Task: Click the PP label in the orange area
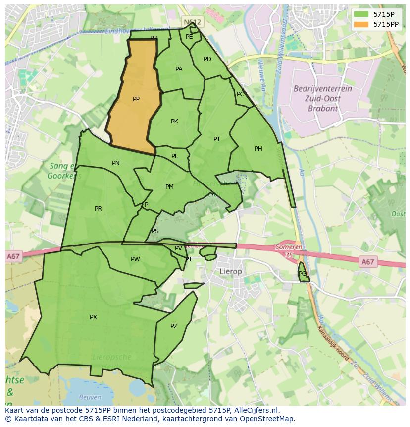tap(136, 99)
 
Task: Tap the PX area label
tap(93, 317)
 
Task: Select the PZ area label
tap(174, 326)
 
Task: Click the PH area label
tap(258, 149)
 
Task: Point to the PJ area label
tap(216, 139)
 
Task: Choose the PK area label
tap(174, 122)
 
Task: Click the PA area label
tap(179, 69)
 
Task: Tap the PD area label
tap(207, 59)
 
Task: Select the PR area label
tap(98, 209)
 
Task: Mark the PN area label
tap(116, 163)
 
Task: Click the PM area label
tap(169, 187)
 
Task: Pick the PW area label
tap(135, 259)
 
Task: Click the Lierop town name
tap(231, 272)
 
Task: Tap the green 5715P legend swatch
tap(361, 14)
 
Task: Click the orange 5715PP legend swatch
tap(361, 24)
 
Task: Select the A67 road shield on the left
tap(13, 257)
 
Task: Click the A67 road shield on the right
tap(367, 262)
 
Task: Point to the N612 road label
tap(192, 22)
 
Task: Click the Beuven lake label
tap(90, 397)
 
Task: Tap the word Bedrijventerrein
tap(322, 89)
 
